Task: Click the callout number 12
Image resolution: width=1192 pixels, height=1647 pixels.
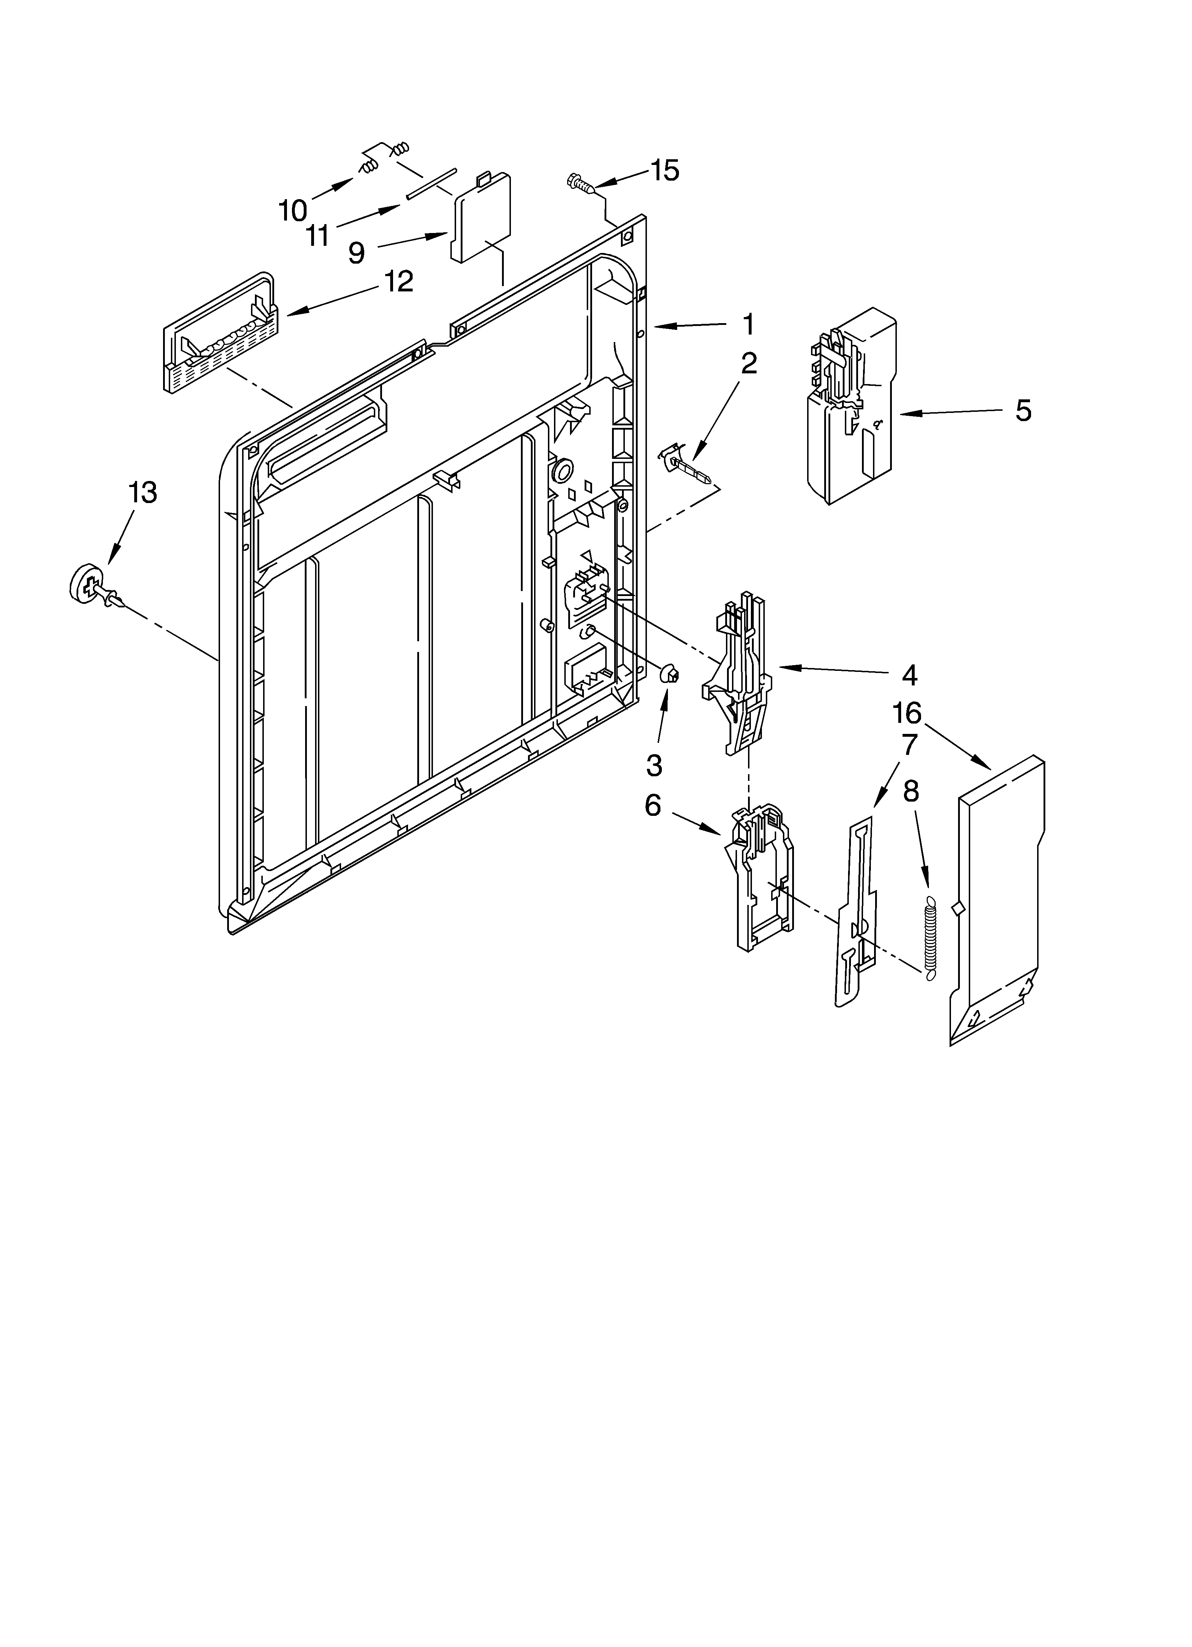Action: tap(398, 281)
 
